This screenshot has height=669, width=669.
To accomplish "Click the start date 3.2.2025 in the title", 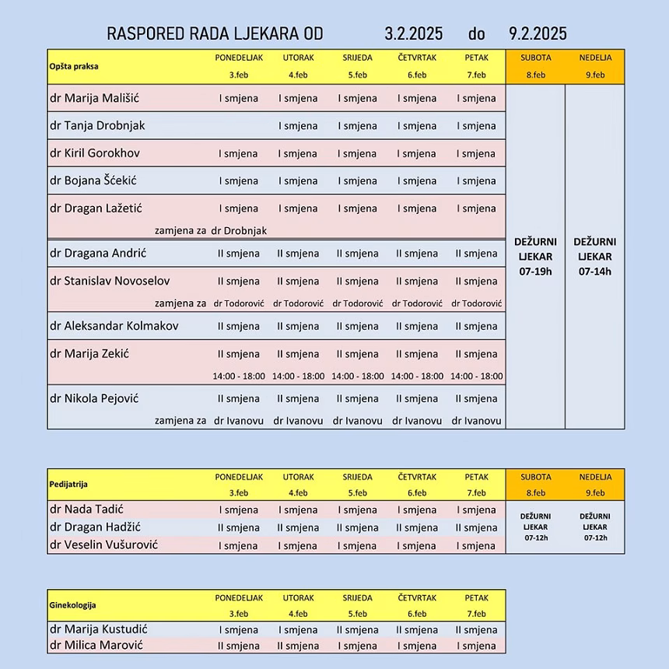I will pos(414,33).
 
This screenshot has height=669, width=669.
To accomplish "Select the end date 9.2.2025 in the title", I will pos(538,33).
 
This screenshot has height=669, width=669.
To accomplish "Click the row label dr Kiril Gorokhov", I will pos(95,152).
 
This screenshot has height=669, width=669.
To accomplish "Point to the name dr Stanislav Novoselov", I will pos(110,281).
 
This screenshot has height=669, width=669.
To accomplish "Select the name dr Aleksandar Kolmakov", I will pos(114,326).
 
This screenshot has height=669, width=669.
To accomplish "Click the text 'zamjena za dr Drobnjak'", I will pos(211,230).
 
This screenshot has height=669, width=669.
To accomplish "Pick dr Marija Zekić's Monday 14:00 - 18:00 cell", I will pos(239,376).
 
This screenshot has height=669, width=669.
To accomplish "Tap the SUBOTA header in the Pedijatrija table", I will pos(535,477).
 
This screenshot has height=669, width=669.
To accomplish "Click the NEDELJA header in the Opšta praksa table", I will pos(595,58).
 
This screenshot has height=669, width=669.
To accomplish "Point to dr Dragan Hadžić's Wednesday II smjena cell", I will pos(358,528).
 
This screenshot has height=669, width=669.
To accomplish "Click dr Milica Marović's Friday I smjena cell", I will pos(476,646).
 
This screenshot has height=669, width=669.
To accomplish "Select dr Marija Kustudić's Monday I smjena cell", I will pos(239,630).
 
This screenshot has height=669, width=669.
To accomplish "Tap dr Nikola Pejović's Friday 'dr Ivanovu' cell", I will pos(476,421).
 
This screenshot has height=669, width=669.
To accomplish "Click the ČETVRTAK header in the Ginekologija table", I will pos(417,597).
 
